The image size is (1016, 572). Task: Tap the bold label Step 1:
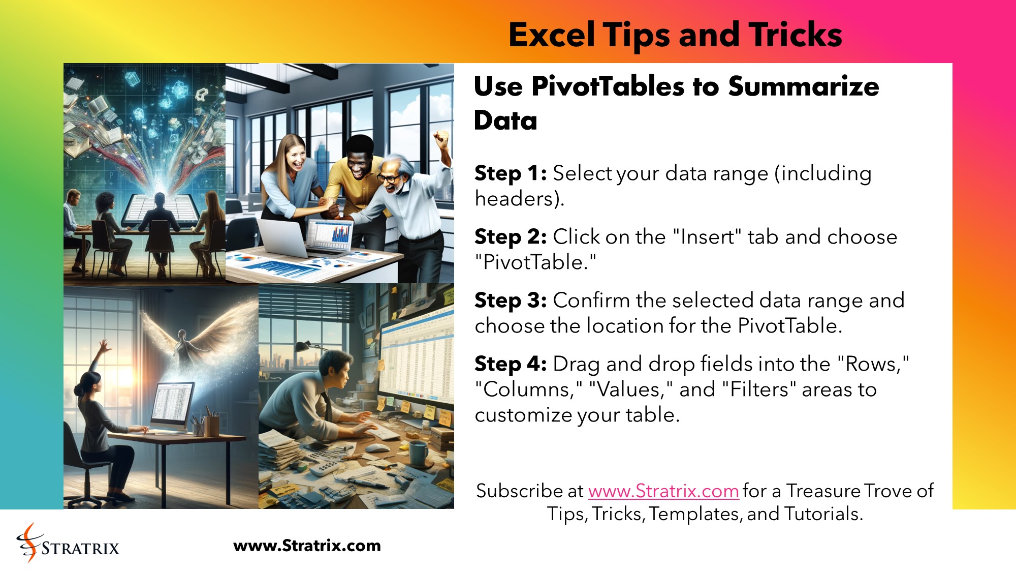[510, 173]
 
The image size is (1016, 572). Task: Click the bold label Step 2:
[510, 237]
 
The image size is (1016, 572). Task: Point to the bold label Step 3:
[510, 300]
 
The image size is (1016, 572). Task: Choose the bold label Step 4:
[510, 364]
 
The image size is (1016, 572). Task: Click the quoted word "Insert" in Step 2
[707, 237]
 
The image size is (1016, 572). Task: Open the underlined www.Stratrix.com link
[663, 491]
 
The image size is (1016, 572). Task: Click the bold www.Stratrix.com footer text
[307, 546]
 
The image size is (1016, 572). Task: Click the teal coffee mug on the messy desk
[418, 453]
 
